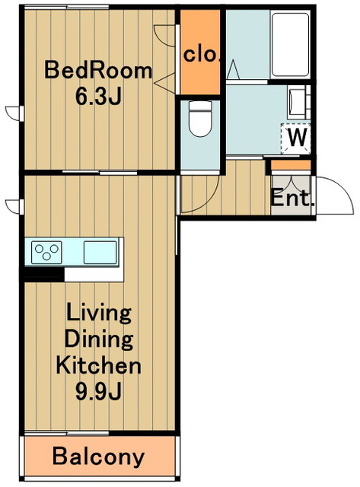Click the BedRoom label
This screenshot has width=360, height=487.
(98, 71)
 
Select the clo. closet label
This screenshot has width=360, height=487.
(201, 55)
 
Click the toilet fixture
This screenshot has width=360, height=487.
(200, 119)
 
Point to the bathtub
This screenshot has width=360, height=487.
(290, 44)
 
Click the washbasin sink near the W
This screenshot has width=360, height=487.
(296, 101)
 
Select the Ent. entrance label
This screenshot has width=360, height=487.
(291, 199)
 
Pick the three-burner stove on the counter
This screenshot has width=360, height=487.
(46, 252)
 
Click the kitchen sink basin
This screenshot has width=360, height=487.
(100, 252)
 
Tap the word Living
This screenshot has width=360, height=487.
(99, 314)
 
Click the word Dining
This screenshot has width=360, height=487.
(99, 340)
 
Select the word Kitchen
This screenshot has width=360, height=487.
(98, 365)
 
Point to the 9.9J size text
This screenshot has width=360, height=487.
(98, 391)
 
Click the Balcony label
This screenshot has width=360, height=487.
(98, 457)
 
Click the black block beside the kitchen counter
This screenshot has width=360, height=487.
(44, 275)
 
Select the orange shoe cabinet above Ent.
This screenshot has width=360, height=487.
(291, 165)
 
